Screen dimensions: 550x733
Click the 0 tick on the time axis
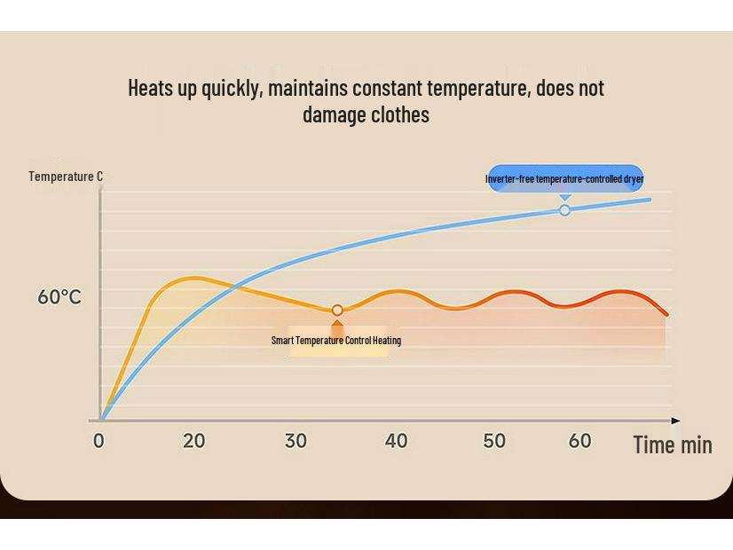pyautogui.click(x=99, y=441)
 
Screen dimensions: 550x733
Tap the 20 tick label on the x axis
pyautogui.click(x=193, y=441)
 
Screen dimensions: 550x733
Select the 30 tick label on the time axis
pyautogui.click(x=296, y=441)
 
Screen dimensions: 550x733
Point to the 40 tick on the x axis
pyautogui.click(x=396, y=441)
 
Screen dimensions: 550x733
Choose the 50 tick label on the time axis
pyautogui.click(x=494, y=441)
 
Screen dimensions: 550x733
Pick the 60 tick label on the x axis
pyautogui.click(x=579, y=441)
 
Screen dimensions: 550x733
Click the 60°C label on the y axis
pyautogui.click(x=59, y=297)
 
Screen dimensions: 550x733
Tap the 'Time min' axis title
pyautogui.click(x=672, y=444)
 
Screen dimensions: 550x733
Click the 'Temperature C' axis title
pyautogui.click(x=66, y=177)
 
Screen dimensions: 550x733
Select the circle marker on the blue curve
pyautogui.click(x=564, y=210)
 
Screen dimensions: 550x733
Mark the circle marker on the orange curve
pyautogui.click(x=337, y=310)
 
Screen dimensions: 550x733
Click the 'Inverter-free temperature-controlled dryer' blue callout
pyautogui.click(x=564, y=178)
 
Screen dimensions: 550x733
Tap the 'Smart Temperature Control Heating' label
pyautogui.click(x=336, y=341)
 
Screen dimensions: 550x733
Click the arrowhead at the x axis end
pyautogui.click(x=676, y=420)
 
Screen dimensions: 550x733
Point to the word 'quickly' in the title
pyautogui.click(x=232, y=89)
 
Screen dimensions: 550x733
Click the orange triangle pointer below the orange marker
pyautogui.click(x=337, y=325)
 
